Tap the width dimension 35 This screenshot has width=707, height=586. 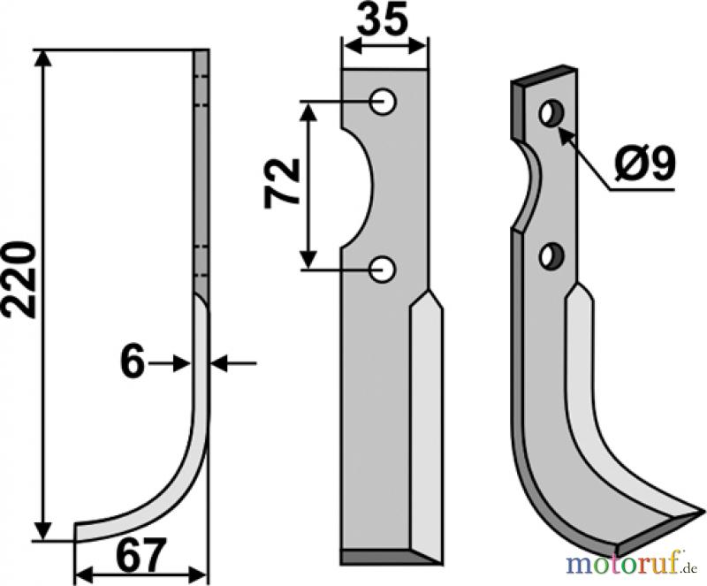383,20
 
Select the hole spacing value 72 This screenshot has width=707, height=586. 282,184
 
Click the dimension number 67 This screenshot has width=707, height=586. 139,555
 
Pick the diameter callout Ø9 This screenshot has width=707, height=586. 645,164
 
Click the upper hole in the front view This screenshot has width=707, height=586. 383,102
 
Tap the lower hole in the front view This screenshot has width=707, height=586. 383,270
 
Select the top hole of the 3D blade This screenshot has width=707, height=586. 553,113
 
